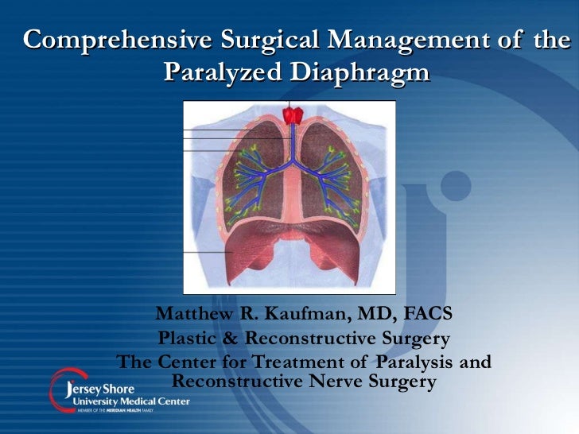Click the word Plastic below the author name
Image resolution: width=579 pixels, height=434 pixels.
click(x=188, y=339)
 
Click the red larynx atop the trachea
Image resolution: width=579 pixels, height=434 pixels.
click(x=291, y=116)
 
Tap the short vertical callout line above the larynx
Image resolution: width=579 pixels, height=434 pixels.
click(x=290, y=105)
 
